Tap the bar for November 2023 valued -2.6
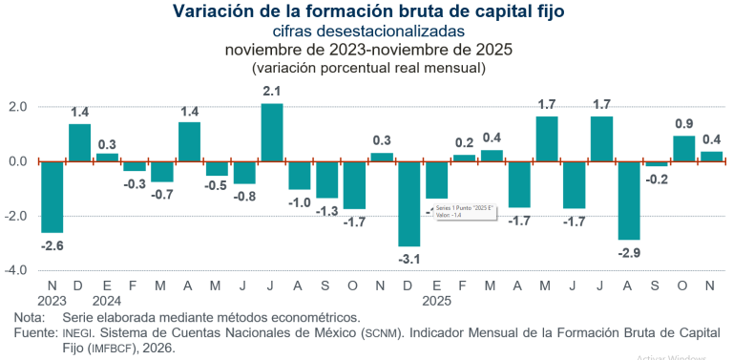click(52, 196)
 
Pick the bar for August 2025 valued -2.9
click(629, 200)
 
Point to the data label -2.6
click(52, 245)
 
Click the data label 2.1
click(272, 92)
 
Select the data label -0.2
click(658, 179)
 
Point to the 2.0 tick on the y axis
click(19, 106)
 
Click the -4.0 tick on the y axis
click(18, 270)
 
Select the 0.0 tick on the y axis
click(19, 160)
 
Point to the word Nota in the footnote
click(31, 316)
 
